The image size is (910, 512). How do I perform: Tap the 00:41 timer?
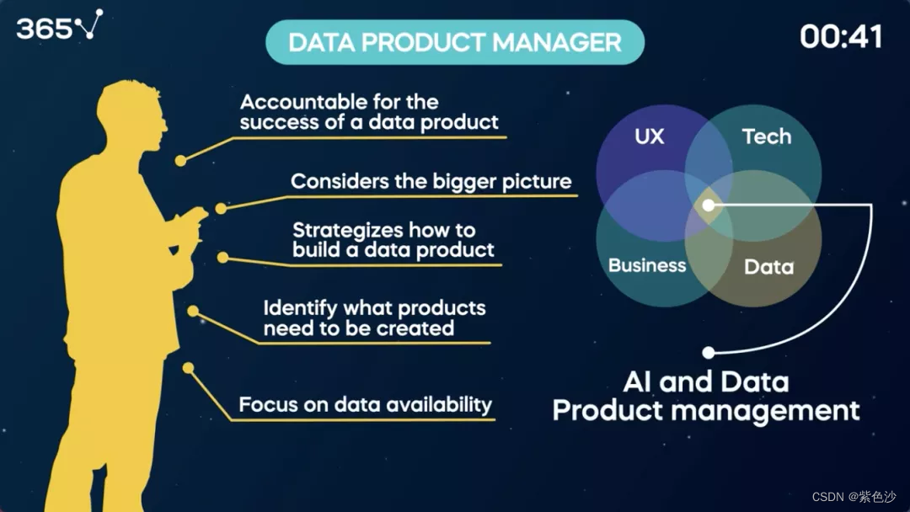(x=841, y=36)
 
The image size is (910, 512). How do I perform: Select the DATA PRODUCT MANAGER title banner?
(x=455, y=42)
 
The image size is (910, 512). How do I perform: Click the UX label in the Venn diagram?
(x=649, y=136)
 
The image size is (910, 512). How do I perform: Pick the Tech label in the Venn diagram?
(x=766, y=136)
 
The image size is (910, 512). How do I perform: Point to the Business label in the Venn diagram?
(x=647, y=265)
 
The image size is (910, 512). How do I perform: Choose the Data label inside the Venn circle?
(x=768, y=267)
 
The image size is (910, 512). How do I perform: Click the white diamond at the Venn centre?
(x=709, y=205)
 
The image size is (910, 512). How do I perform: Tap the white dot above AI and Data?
(x=709, y=352)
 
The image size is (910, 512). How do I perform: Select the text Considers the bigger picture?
(x=431, y=181)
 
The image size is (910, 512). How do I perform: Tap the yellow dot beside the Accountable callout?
(x=180, y=160)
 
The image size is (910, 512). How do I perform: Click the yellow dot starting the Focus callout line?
(x=189, y=367)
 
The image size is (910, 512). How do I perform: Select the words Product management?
(x=705, y=410)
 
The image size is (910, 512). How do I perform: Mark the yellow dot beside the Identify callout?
(x=193, y=311)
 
